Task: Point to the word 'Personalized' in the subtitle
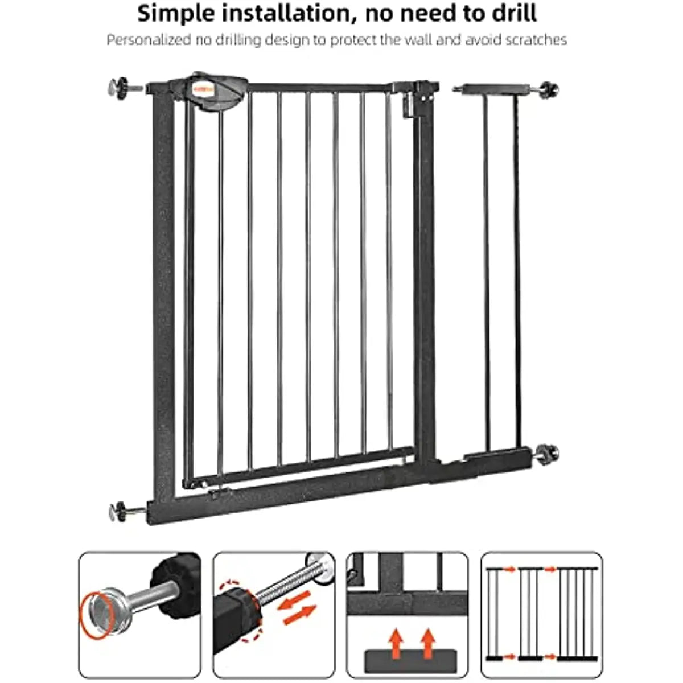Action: click(147, 40)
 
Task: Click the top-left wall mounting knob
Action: click(117, 88)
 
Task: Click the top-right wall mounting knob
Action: click(549, 89)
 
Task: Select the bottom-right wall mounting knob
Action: click(549, 452)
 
